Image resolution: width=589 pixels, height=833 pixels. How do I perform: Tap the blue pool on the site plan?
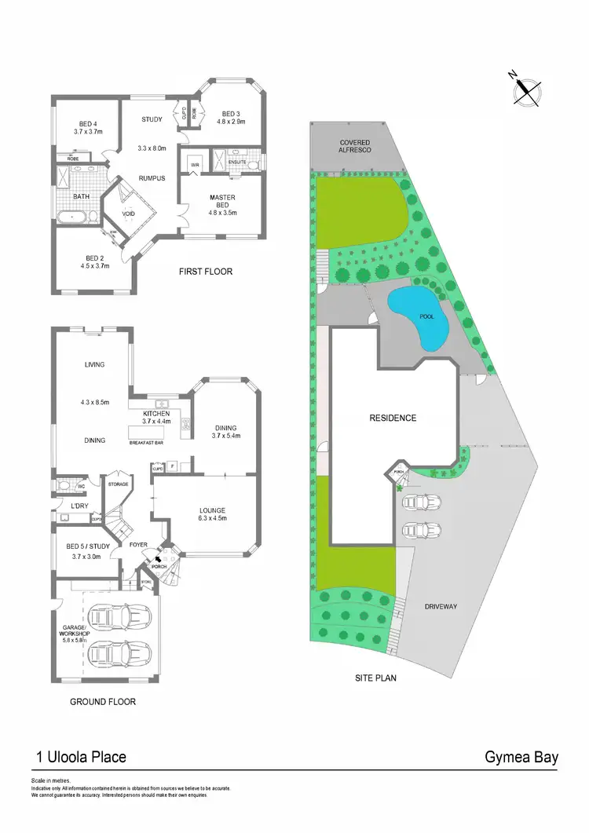pos(420,316)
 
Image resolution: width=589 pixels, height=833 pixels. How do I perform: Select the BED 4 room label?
pos(88,123)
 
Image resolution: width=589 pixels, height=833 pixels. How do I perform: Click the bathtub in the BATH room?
pos(75,214)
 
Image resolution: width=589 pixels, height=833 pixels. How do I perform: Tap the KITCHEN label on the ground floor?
pos(156,413)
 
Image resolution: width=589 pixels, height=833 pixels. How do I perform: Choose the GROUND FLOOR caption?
pos(103,702)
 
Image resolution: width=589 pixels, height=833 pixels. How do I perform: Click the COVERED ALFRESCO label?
pos(355,146)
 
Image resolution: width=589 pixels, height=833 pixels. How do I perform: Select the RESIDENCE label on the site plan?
pos(393,418)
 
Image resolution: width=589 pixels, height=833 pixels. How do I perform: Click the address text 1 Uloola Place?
pos(81,758)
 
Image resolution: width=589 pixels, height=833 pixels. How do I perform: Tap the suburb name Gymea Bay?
pos(521,758)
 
